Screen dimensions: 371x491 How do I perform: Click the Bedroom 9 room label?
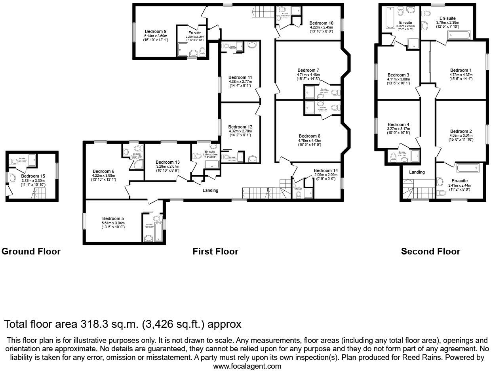pos(155,31)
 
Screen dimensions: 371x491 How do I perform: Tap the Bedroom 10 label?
pos(321,23)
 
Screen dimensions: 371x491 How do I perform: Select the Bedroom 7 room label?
pos(308,70)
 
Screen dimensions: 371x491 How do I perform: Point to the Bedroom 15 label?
pos(32,176)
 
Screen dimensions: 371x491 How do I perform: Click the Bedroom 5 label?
pos(113,218)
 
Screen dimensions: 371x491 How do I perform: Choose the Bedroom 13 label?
pos(167,162)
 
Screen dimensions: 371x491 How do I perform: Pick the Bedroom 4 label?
pos(398,124)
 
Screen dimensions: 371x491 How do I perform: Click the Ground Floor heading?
pos(31,251)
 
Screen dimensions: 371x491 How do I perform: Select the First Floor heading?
pos(215,251)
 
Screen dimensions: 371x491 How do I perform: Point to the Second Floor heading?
pos(430,251)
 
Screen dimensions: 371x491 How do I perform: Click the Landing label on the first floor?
pos(210,190)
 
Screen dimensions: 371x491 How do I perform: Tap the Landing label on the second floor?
pos(417,172)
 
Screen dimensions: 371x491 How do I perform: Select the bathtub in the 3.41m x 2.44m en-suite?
pos(468,168)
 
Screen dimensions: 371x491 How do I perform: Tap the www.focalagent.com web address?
pos(247,366)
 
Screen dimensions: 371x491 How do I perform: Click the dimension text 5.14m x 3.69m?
pos(155,36)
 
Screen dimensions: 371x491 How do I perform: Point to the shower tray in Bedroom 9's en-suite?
pos(183,50)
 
